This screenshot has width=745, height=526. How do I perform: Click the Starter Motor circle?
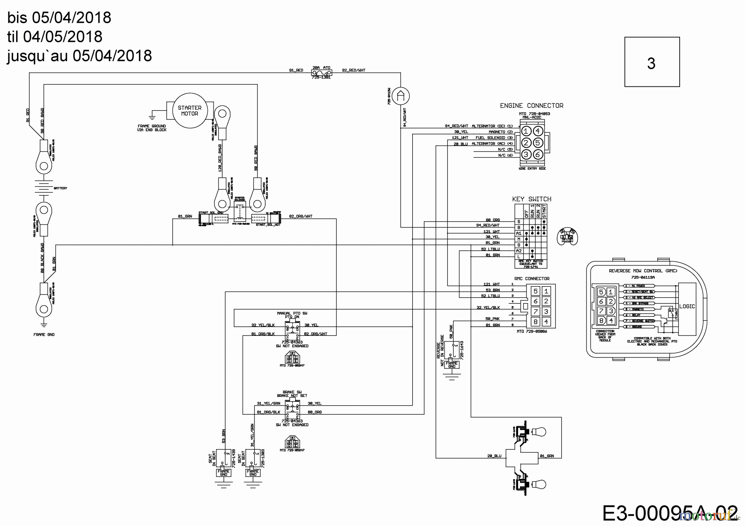[190, 110]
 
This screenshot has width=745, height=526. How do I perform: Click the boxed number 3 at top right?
[651, 63]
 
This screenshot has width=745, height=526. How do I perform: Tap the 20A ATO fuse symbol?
[321, 72]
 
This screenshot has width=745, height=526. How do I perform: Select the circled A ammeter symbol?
[400, 96]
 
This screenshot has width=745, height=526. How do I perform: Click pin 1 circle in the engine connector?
[526, 131]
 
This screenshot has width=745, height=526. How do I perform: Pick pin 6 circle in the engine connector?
[538, 154]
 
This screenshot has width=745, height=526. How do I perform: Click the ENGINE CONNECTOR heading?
[531, 106]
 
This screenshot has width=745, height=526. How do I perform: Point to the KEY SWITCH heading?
[531, 199]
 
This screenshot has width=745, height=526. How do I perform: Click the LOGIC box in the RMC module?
[687, 306]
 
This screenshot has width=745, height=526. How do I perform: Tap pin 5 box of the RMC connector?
[535, 291]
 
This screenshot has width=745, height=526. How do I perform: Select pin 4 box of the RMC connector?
[546, 321]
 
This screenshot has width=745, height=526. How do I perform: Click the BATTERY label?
[60, 188]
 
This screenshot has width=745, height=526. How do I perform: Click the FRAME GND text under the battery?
[44, 335]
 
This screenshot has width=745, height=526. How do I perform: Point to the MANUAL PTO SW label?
[292, 313]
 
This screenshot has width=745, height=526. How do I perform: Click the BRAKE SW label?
[292, 392]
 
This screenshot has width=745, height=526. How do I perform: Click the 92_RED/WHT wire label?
[354, 70]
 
